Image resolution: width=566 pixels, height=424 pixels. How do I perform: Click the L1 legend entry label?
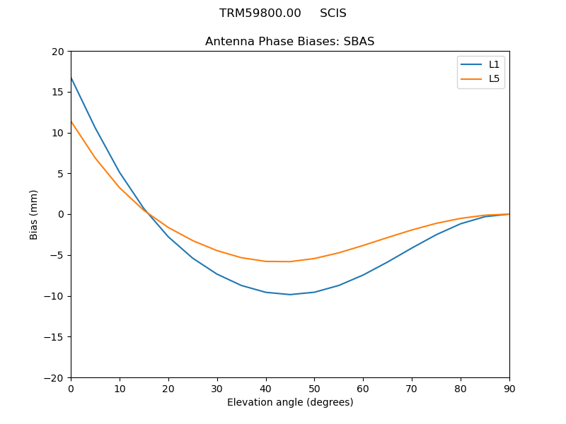pos(495,64)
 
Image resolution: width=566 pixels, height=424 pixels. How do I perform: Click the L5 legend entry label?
pos(495,78)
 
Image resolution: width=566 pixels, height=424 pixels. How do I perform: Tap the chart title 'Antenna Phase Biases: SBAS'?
pos(289,42)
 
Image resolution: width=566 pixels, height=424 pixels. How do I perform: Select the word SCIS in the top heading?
pos(333,13)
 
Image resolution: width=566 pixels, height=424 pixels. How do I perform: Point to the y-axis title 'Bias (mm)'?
pos(34,214)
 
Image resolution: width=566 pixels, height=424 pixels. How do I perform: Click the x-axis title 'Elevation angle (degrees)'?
pos(290,402)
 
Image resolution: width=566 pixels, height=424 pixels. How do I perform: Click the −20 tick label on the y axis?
pos(54,378)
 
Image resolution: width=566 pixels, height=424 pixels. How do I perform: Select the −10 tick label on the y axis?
pos(54,296)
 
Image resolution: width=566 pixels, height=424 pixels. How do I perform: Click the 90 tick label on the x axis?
pos(509,388)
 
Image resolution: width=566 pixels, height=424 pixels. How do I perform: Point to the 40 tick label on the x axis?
pos(266,388)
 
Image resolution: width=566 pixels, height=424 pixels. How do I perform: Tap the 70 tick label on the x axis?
pos(412,388)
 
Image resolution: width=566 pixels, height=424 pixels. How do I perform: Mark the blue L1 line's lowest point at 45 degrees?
pos(290,294)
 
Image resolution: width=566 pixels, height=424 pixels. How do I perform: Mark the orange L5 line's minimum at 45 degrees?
pos(290,261)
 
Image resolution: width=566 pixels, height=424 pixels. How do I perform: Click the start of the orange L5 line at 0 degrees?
pos(71,122)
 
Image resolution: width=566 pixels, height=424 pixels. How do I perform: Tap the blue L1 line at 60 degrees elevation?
pos(363,275)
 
